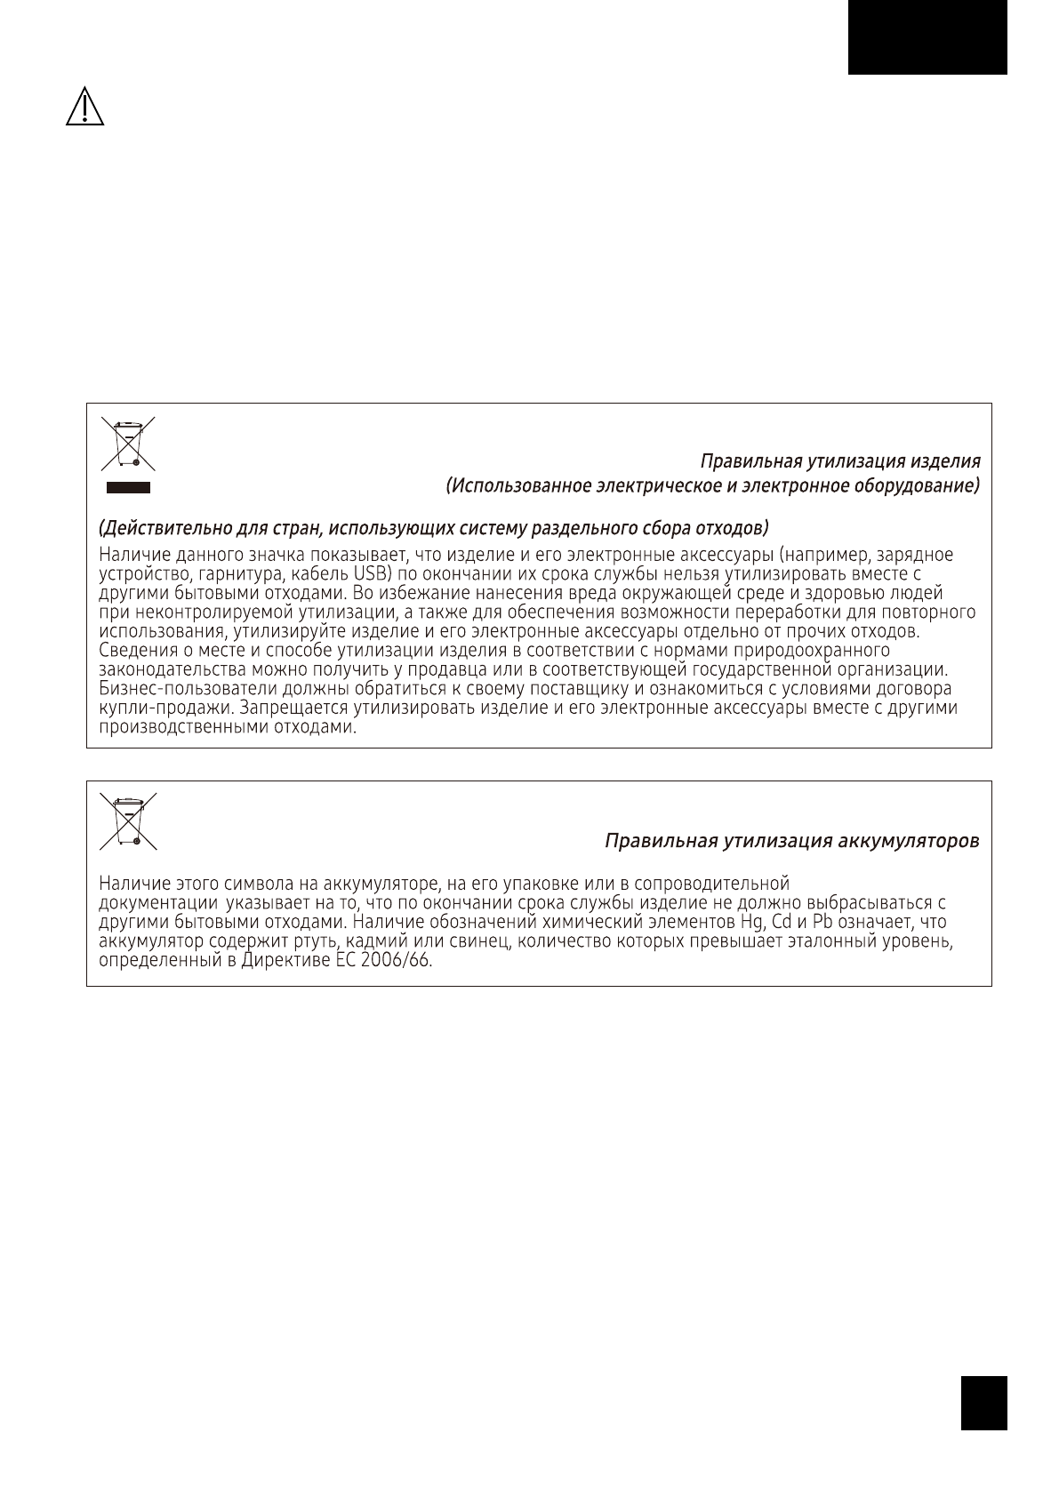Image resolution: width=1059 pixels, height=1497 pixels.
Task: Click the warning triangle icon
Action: [x=84, y=108]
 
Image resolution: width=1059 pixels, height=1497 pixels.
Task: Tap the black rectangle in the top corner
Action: [x=927, y=37]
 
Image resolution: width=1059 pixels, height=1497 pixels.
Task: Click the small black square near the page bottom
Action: [x=983, y=1403]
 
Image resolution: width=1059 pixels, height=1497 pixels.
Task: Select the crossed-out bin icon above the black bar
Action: [x=128, y=443]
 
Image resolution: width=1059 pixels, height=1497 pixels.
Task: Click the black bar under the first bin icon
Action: [x=128, y=487]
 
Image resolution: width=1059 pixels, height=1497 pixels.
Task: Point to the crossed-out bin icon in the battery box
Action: [x=128, y=820]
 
